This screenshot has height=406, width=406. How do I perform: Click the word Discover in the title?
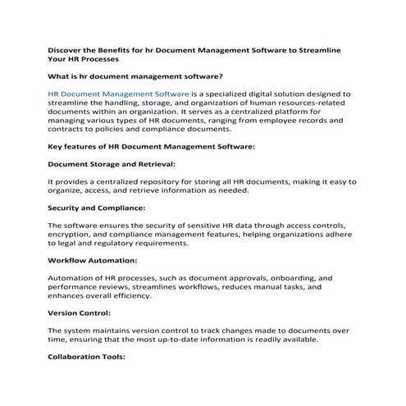coord(68,50)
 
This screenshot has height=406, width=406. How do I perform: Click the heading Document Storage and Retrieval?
coord(112,164)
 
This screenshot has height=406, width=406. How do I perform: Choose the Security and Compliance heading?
coord(97,208)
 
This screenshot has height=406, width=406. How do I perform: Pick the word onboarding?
coord(289,279)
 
